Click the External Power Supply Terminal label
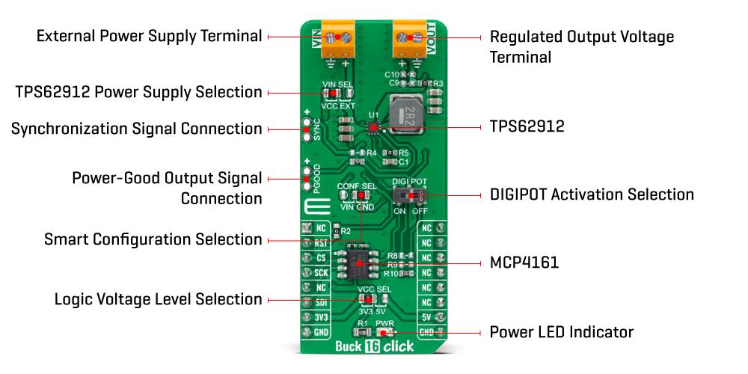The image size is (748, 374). pyautogui.click(x=150, y=36)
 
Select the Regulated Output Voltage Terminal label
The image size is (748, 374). pyautogui.click(x=581, y=46)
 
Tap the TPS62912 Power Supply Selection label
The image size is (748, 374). pyautogui.click(x=139, y=92)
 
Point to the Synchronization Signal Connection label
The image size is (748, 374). pyautogui.click(x=137, y=129)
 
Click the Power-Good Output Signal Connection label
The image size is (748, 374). pyautogui.click(x=167, y=188)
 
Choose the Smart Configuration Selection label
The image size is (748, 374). pyautogui.click(x=153, y=239)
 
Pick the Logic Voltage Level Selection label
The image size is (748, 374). pyautogui.click(x=159, y=299)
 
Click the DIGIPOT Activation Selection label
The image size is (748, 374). pyautogui.click(x=591, y=194)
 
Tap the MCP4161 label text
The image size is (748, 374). pyautogui.click(x=524, y=263)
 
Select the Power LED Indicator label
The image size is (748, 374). pyautogui.click(x=561, y=331)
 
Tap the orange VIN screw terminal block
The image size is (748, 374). pyautogui.click(x=337, y=40)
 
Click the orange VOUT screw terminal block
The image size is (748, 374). pyautogui.click(x=410, y=40)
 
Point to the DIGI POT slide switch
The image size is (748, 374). pyautogui.click(x=409, y=195)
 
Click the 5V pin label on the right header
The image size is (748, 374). pyautogui.click(x=426, y=317)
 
